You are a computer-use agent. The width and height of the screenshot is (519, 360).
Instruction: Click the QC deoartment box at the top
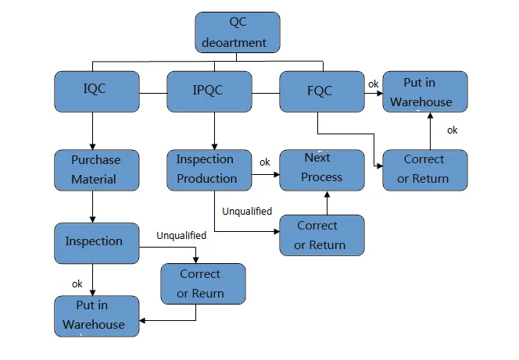click(237, 32)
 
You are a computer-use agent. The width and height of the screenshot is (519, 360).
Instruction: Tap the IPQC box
click(209, 91)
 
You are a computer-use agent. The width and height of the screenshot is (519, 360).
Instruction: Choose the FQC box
click(320, 91)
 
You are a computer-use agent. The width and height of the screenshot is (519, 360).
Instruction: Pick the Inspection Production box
click(208, 169)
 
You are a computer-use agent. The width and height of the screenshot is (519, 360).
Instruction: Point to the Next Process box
click(322, 168)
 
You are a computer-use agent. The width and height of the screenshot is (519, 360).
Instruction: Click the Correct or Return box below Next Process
click(322, 235)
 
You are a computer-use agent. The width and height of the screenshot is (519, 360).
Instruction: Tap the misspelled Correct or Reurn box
click(202, 283)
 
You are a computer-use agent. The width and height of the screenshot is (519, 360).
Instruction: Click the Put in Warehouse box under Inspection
click(97, 315)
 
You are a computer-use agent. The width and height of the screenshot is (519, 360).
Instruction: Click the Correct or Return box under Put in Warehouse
click(425, 169)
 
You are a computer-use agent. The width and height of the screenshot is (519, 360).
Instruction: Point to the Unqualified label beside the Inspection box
click(181, 235)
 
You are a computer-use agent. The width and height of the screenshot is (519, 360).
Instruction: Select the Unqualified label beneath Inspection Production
click(247, 211)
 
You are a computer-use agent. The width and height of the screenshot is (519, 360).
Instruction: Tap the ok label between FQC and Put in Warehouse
click(374, 84)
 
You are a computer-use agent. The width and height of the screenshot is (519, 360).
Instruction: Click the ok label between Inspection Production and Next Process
click(265, 162)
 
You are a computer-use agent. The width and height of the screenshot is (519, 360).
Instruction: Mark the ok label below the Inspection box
click(77, 283)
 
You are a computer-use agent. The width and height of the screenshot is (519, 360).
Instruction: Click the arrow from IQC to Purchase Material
click(93, 130)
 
